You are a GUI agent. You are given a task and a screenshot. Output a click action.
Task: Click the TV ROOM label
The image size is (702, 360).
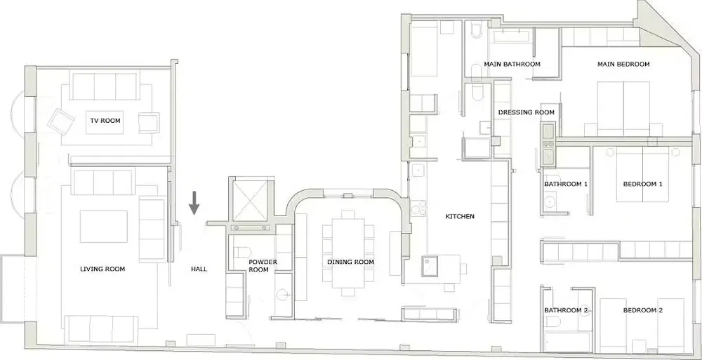[x=105, y=121]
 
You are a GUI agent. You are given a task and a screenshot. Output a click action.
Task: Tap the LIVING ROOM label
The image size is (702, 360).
[x=102, y=269]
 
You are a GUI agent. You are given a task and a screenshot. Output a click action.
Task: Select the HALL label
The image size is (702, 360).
[x=199, y=269]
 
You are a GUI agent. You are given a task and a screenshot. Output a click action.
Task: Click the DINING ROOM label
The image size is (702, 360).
[x=350, y=262]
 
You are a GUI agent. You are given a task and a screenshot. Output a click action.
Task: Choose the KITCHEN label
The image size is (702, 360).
[x=460, y=217]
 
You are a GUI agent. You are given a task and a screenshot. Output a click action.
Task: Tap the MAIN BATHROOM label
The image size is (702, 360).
[x=512, y=65]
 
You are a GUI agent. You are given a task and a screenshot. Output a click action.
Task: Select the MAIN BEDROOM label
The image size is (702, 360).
[x=623, y=65]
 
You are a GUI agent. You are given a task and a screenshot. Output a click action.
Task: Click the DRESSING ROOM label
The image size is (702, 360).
[x=526, y=112]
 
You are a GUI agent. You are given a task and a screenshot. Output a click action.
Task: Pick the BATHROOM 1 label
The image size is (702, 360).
[x=565, y=185]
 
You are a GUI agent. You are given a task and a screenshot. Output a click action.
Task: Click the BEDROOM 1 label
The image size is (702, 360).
[x=642, y=185]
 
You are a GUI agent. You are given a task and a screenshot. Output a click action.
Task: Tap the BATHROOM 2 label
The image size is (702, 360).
[x=565, y=310]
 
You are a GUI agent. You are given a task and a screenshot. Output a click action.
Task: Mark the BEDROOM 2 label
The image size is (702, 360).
[x=642, y=310]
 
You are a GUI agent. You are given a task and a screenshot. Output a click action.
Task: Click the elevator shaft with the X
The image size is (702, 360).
[x=249, y=199]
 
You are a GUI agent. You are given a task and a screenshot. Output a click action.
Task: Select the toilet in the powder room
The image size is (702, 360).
[x=241, y=252]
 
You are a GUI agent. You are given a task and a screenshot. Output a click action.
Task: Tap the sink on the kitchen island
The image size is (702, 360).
[x=430, y=265]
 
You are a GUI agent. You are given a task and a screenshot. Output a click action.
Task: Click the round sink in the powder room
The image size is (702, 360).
[x=283, y=295]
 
